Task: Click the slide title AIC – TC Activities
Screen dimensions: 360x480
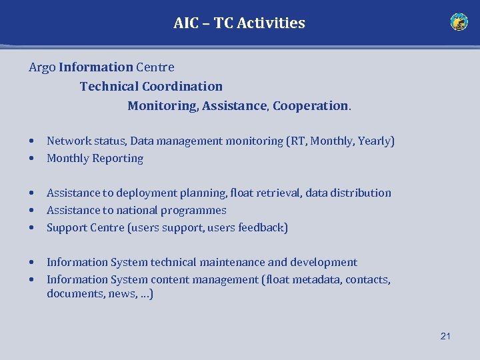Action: (239, 23)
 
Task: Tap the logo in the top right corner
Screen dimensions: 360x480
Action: (459, 22)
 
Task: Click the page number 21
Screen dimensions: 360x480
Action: (445, 336)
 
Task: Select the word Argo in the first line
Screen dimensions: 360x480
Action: (42, 67)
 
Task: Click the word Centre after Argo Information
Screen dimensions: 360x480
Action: (155, 67)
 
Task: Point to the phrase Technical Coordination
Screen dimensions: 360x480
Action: (151, 86)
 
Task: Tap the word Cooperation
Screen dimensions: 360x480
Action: (310, 106)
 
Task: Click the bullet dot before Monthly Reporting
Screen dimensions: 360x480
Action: (32, 159)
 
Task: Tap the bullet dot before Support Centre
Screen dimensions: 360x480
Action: (32, 228)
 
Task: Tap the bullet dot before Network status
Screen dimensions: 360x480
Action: (32, 141)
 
